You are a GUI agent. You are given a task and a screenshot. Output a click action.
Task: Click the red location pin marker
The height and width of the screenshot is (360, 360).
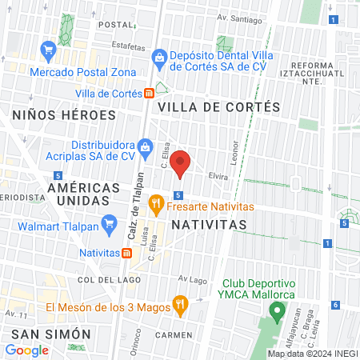[x=181, y=163]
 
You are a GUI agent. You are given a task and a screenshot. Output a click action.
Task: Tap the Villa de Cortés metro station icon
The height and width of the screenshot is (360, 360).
[x=150, y=93]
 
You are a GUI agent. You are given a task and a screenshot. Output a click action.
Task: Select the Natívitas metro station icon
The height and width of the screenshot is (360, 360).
[x=127, y=253]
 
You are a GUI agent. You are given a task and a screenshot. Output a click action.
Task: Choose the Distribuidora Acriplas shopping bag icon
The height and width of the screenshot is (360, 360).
[x=145, y=146]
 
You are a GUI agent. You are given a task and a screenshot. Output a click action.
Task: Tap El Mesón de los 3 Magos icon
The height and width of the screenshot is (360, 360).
[x=180, y=306]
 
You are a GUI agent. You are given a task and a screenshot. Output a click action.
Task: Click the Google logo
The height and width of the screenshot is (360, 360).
[x=26, y=350]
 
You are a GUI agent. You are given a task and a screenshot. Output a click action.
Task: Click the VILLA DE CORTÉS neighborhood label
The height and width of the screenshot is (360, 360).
[x=218, y=106]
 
